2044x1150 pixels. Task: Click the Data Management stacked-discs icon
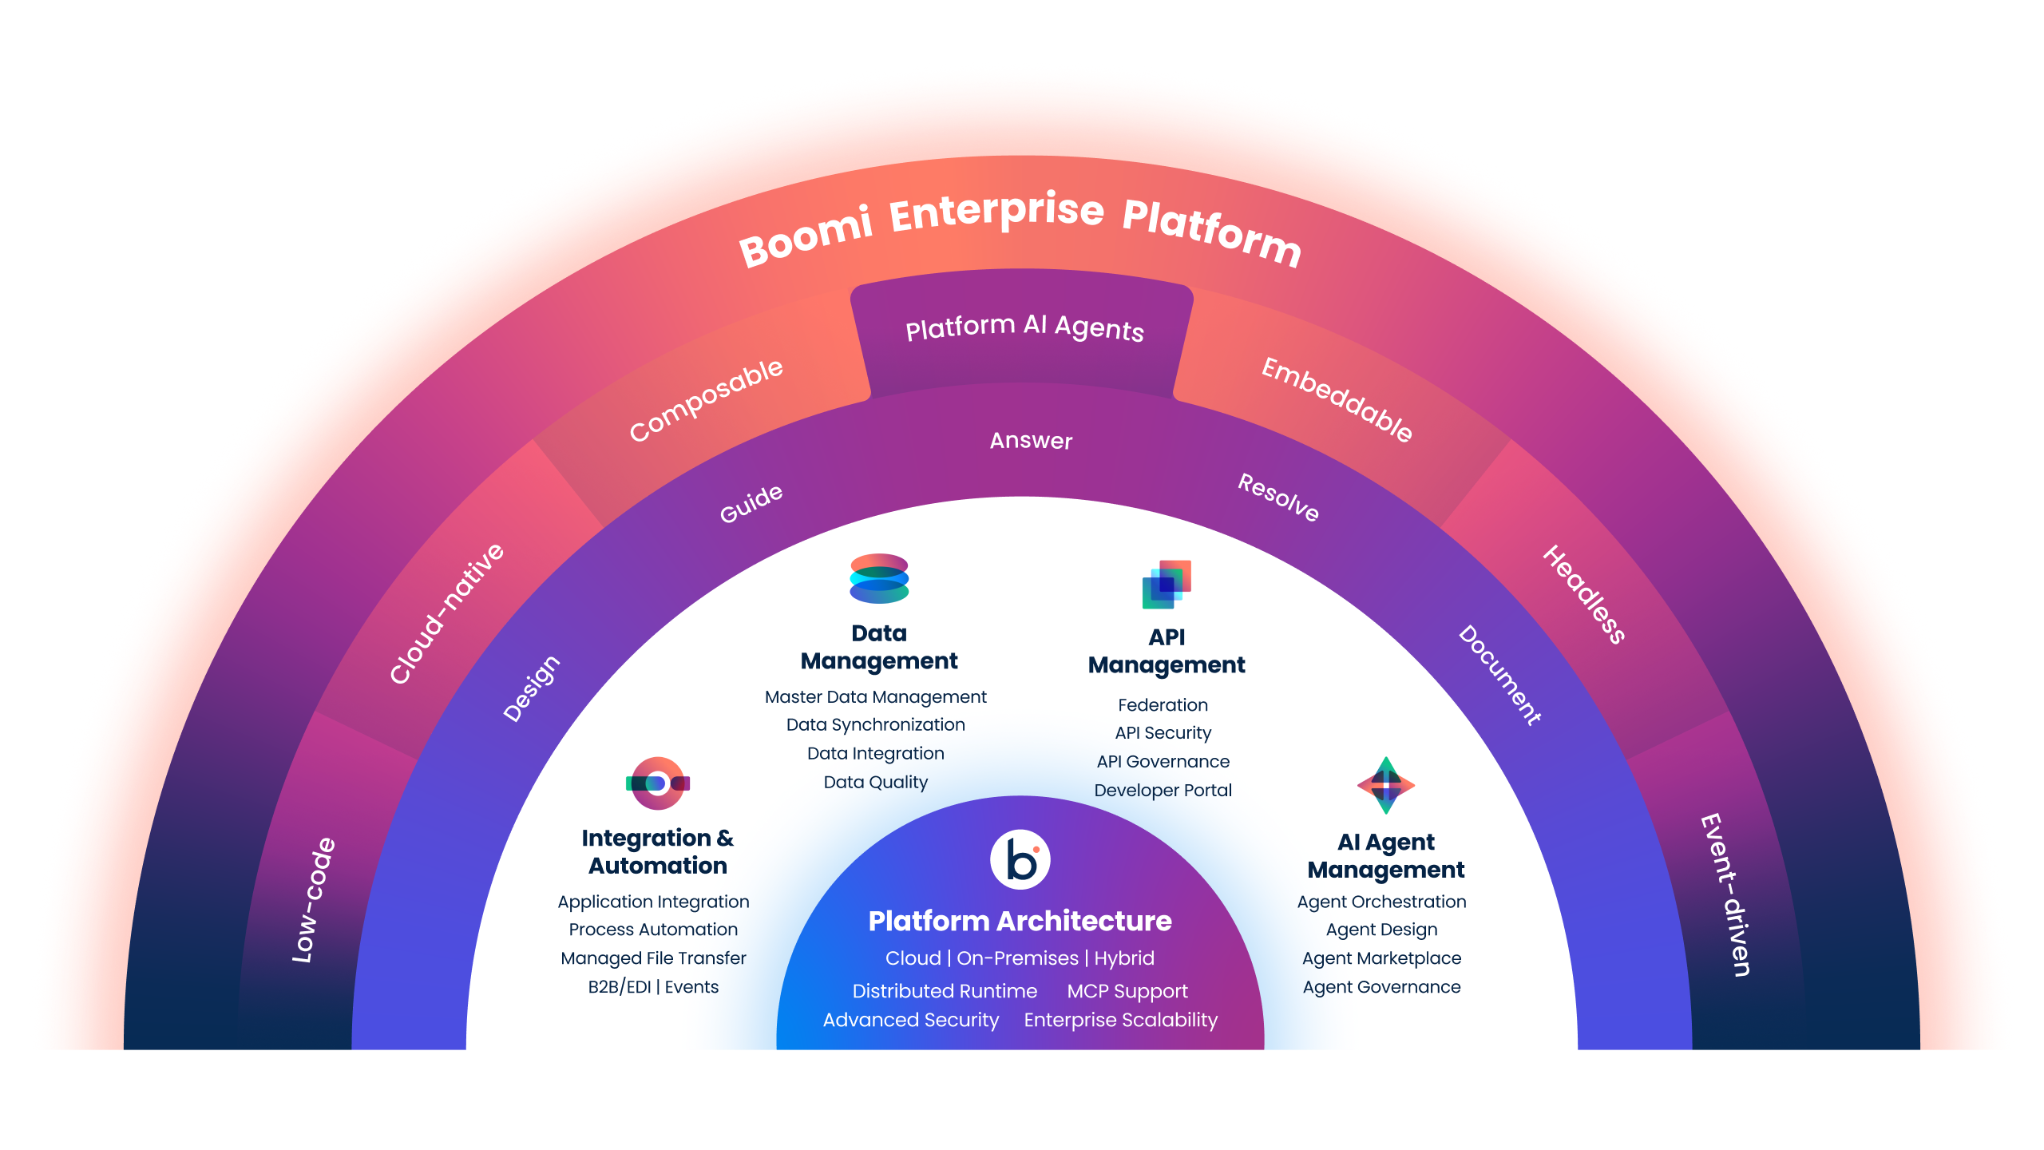tap(879, 578)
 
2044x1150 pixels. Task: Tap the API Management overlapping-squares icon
tap(1167, 585)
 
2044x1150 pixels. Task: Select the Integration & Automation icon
tap(658, 783)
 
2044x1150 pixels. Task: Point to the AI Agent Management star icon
tap(1386, 786)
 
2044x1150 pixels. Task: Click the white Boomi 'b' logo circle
tap(1020, 860)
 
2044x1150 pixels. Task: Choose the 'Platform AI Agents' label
tap(1024, 327)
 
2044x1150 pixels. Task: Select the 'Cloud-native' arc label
tap(447, 613)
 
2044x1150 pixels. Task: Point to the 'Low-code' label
tap(314, 900)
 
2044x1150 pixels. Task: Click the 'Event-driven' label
tap(1725, 894)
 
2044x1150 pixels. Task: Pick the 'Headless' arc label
tap(1584, 594)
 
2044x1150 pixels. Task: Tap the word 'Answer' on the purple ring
tap(1031, 441)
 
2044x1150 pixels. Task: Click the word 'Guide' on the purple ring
tap(751, 503)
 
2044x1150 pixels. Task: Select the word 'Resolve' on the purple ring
tap(1278, 497)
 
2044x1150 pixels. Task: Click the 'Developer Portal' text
tap(1163, 791)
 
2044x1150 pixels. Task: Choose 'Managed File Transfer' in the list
tap(653, 958)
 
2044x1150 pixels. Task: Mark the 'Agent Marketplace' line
tap(1381, 958)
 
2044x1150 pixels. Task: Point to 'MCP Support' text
tap(1127, 991)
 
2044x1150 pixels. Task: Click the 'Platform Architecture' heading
tap(1020, 922)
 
